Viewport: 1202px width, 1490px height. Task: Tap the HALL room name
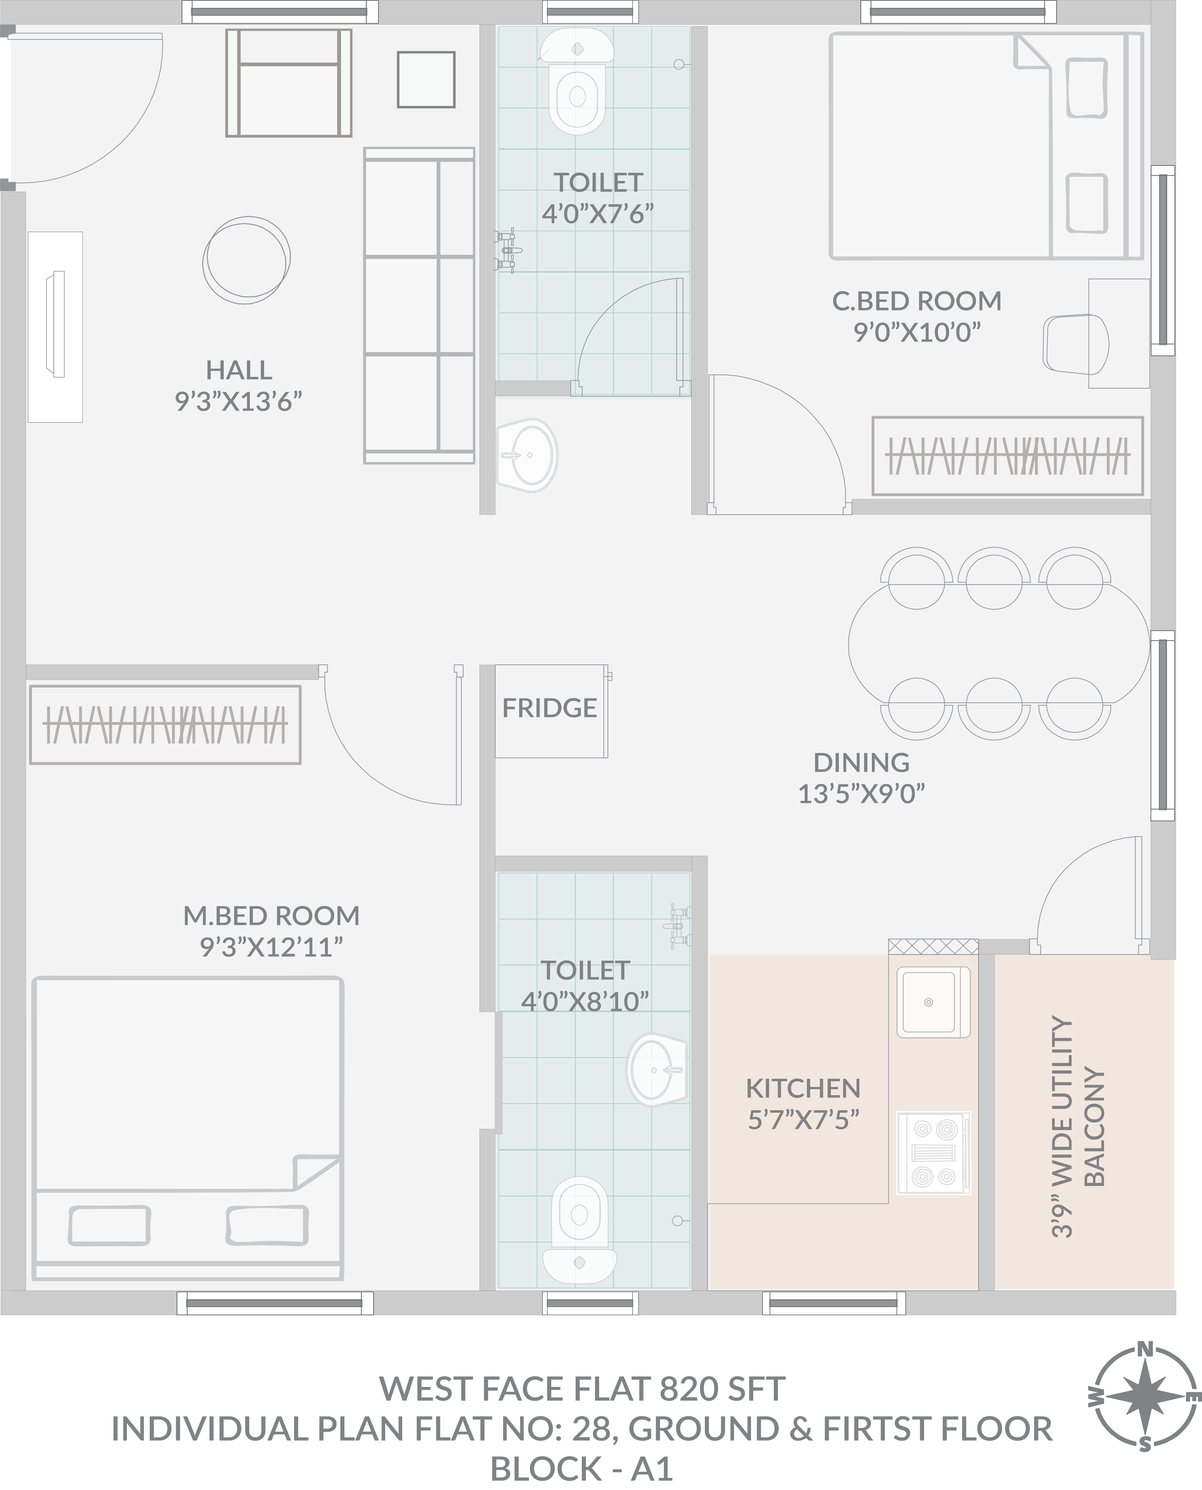click(239, 370)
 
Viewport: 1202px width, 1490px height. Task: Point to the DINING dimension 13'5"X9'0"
click(861, 794)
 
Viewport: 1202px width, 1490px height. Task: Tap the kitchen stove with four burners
click(934, 1152)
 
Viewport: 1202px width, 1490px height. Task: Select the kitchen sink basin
click(933, 1002)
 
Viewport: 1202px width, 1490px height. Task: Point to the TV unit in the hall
click(55, 327)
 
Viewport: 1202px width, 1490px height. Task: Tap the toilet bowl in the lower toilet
click(579, 1229)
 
